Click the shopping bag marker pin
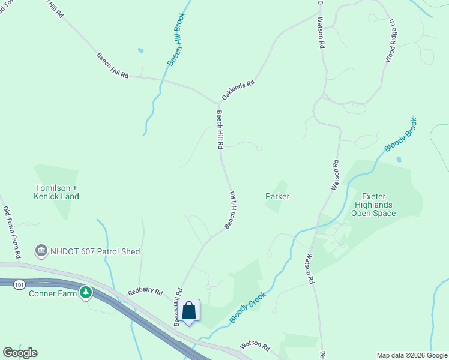[x=189, y=311]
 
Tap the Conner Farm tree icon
[x=86, y=293]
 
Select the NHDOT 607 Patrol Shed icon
[x=41, y=251]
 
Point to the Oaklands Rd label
[x=238, y=91]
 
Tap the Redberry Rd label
[x=145, y=292]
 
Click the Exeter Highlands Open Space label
[x=373, y=205]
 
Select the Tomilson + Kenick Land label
[x=57, y=192]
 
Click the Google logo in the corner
[x=20, y=353]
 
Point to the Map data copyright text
[x=412, y=355]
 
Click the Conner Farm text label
[x=53, y=293]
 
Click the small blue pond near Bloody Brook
[x=399, y=160]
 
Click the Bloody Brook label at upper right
[x=400, y=134]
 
